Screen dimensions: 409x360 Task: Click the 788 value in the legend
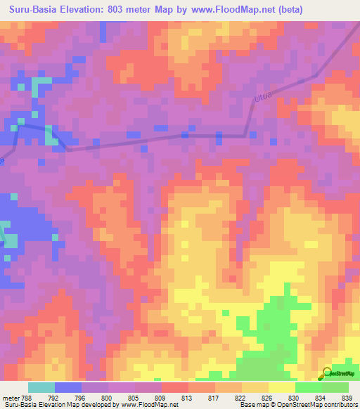[x=27, y=397]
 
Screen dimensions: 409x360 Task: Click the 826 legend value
[x=268, y=397]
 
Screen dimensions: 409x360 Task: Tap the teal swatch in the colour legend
[x=41, y=387]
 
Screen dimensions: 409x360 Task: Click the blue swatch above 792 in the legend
[x=68, y=387]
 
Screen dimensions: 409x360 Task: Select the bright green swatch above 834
[x=308, y=387]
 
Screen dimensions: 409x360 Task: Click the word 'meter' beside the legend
[x=10, y=397]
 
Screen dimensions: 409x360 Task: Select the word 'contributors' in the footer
[x=338, y=405]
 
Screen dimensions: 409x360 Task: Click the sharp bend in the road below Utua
[x=245, y=134]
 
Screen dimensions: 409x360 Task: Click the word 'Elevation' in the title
[x=92, y=10]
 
